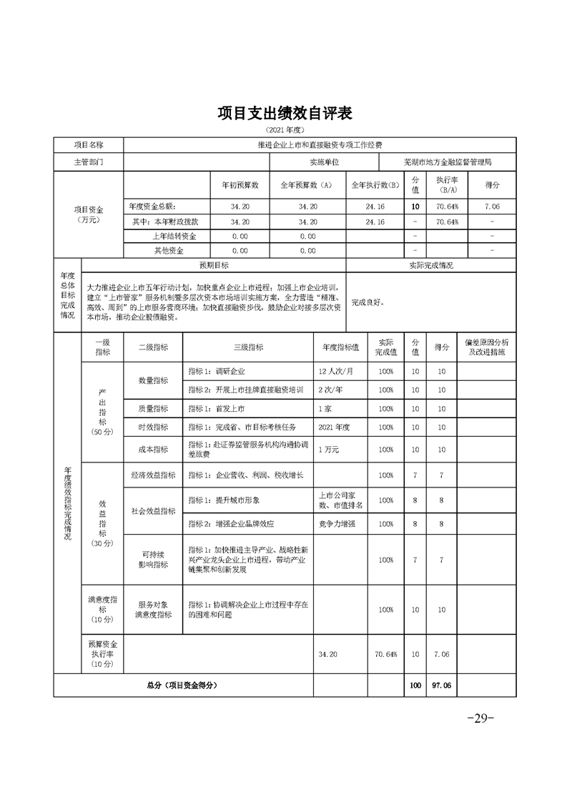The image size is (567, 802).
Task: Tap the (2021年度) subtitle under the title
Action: (x=285, y=131)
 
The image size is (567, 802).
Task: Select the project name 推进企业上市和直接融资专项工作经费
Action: (x=320, y=145)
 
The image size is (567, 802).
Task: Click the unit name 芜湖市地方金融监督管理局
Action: (x=448, y=162)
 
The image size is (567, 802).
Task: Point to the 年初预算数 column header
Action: (x=240, y=184)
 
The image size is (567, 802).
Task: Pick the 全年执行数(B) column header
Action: (x=375, y=184)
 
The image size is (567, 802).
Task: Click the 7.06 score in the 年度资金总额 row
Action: (x=492, y=206)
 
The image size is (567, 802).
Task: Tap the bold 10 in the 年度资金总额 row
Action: (x=415, y=206)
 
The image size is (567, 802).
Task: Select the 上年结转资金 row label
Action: (x=174, y=236)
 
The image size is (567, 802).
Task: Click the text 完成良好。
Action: (x=368, y=302)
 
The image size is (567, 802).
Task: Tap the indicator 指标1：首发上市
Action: (x=217, y=408)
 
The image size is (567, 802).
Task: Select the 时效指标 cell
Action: (x=154, y=427)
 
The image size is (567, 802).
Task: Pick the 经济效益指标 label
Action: (x=154, y=475)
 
